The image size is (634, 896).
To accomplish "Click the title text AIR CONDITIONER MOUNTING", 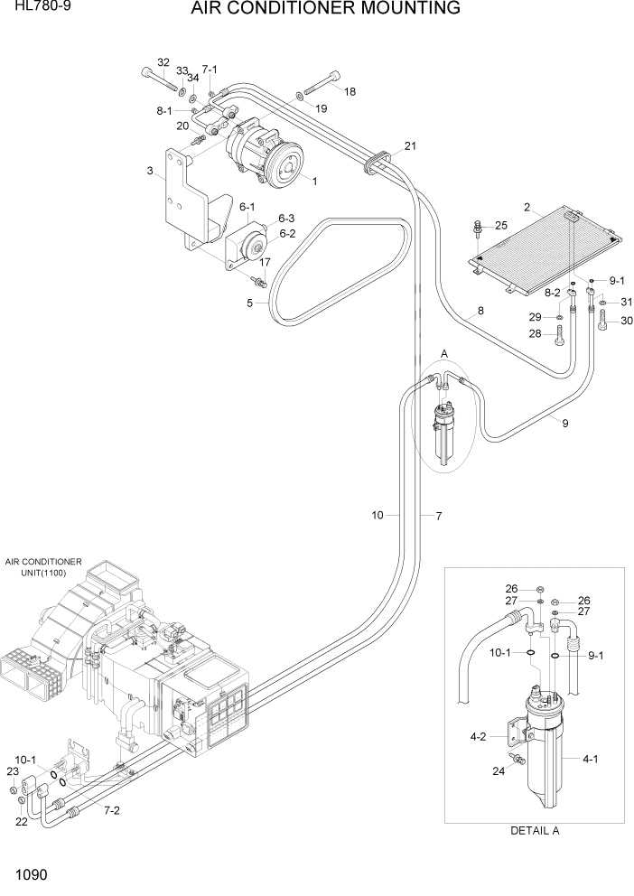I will click(x=325, y=10).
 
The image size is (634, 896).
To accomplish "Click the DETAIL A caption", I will click(x=535, y=831).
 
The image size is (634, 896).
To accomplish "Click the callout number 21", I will click(x=410, y=146).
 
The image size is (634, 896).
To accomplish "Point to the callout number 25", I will click(x=501, y=225).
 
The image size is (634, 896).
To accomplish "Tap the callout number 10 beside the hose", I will click(x=378, y=515).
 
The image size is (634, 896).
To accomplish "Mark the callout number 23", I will click(x=12, y=771).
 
